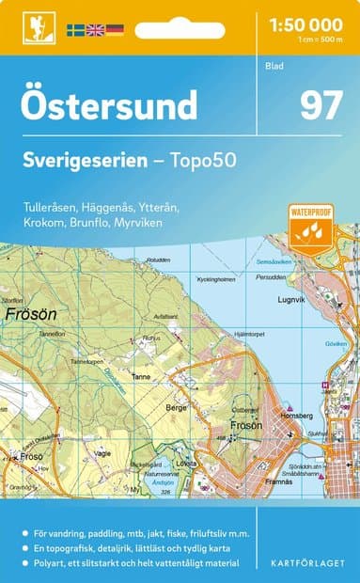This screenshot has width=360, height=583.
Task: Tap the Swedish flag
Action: (x=76, y=30)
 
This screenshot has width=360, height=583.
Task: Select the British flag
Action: (x=95, y=30)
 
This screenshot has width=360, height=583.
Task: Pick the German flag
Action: (x=115, y=30)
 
